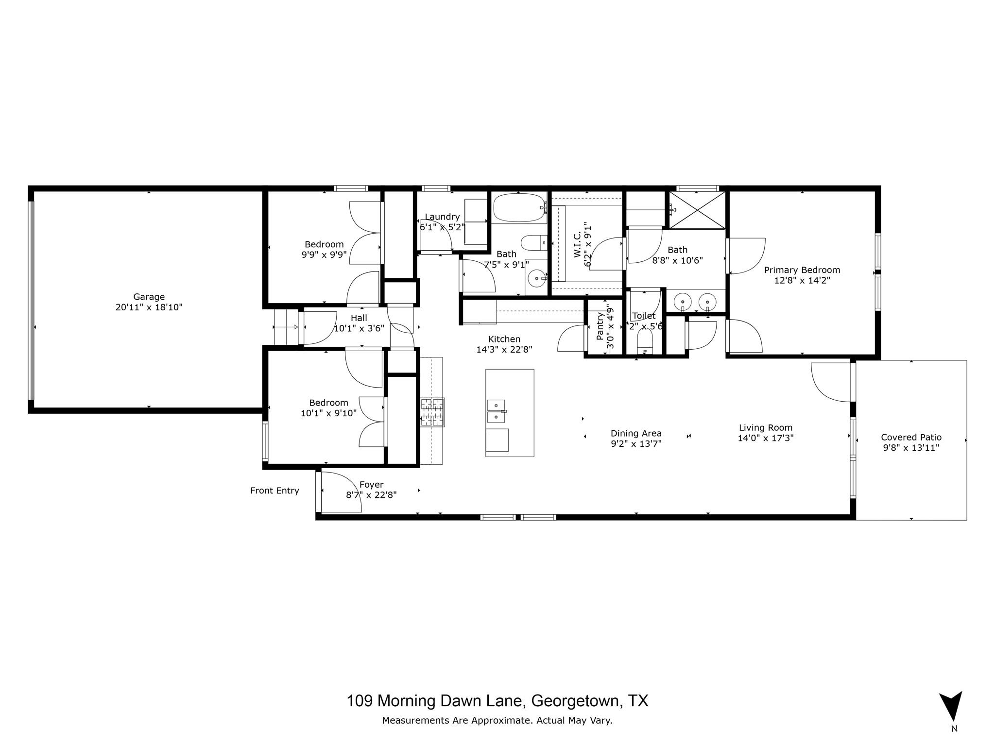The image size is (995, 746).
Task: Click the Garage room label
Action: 149,297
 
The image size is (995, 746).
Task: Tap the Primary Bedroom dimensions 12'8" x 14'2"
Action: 802,280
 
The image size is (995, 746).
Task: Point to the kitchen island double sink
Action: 496,411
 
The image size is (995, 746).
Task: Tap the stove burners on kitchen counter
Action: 432,412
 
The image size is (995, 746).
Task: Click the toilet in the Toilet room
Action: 644,342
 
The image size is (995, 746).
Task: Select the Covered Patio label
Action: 911,437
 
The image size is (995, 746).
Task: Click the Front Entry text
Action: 274,491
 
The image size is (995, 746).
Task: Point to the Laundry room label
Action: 442,217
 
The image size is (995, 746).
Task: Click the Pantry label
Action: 600,325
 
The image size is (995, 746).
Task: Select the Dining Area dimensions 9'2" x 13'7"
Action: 636,443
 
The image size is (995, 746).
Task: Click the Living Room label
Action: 765,428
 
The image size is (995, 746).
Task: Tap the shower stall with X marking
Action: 697,210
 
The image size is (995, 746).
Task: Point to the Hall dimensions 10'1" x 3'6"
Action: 359,328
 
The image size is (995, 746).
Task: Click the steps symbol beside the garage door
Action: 286,327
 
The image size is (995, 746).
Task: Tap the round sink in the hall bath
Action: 536,278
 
